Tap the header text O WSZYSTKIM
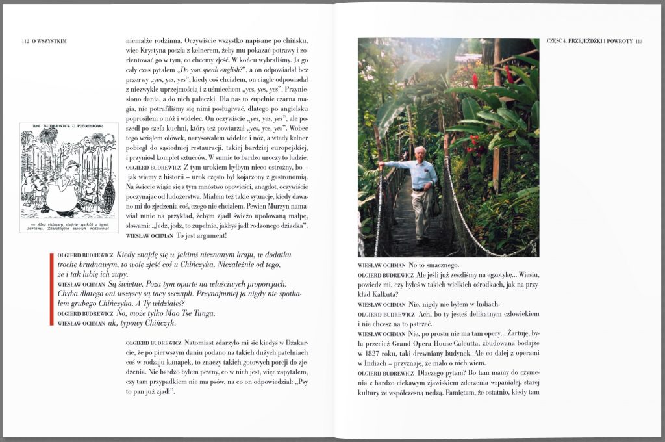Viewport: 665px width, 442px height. [49, 41]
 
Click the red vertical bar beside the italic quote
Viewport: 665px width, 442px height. [51, 289]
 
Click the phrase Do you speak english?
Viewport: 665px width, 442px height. [210, 70]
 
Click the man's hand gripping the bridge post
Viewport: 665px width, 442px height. [382, 165]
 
